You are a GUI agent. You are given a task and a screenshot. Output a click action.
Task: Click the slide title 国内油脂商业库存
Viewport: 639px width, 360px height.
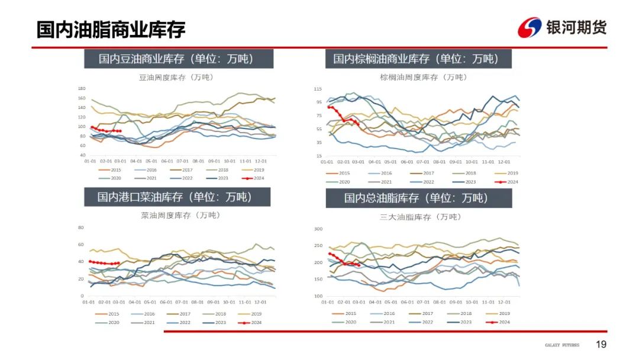111,29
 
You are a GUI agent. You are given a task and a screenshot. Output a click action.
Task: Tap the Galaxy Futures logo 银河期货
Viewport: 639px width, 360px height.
562,27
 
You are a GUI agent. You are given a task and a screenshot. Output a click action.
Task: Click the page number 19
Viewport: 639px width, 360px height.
601,345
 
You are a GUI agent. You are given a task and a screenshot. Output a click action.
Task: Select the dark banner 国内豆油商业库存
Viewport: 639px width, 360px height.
176,59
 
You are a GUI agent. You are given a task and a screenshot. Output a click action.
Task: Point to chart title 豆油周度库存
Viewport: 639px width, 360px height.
176,78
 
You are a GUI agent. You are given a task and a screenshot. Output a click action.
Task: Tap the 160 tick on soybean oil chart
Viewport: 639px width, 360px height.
82,98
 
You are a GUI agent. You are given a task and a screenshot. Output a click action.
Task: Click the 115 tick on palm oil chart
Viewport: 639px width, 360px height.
318,89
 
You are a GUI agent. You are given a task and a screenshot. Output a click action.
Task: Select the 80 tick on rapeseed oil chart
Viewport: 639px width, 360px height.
82,227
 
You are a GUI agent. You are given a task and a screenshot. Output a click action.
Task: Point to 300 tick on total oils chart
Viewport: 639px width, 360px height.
318,229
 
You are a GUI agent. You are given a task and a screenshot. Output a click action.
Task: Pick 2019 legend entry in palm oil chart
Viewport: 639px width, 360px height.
509,173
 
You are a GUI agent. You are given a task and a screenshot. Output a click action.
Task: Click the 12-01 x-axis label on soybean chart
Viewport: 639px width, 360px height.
260,160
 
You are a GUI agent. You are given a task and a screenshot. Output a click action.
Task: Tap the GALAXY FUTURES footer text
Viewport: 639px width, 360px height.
562,345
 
